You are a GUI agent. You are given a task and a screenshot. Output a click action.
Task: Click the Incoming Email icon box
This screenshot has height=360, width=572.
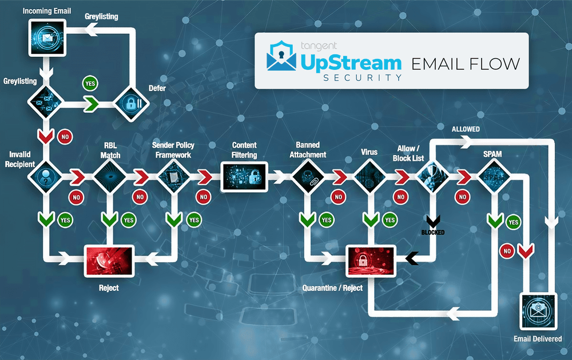click(x=46, y=38)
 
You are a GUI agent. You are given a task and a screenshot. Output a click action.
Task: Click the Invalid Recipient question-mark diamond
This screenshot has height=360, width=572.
click(x=46, y=176)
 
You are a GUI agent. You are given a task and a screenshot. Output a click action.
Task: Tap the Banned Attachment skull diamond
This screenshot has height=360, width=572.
click(x=308, y=176)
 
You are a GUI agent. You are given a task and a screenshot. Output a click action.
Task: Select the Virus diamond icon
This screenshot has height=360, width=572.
click(x=371, y=176)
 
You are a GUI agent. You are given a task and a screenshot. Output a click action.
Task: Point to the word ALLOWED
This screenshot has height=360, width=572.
click(x=466, y=129)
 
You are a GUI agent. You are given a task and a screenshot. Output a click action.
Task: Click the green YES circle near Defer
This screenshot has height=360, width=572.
click(x=90, y=83)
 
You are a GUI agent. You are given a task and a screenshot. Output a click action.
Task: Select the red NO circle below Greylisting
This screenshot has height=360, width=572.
click(x=64, y=137)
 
